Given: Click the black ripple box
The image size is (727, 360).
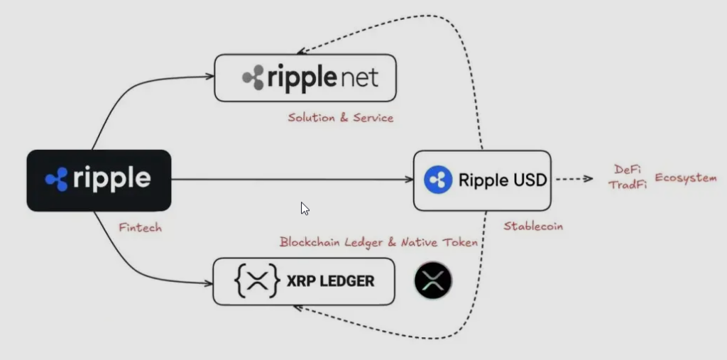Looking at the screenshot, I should pyautogui.click(x=99, y=180).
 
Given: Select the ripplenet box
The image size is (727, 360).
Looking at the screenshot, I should pyautogui.click(x=305, y=77).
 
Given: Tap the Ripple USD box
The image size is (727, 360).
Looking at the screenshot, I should pyautogui.click(x=482, y=180).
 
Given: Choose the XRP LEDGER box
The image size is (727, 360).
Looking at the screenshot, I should pyautogui.click(x=304, y=282).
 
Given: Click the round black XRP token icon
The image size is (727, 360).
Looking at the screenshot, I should pyautogui.click(x=433, y=280).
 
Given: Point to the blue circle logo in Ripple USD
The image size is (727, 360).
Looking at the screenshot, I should pyautogui.click(x=438, y=180).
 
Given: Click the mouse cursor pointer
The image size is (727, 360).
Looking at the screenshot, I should pyautogui.click(x=305, y=209).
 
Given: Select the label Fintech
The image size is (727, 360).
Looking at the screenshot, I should pyautogui.click(x=141, y=228).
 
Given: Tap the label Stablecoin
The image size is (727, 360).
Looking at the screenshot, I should pyautogui.click(x=533, y=227).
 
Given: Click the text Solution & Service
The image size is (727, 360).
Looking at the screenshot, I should pyautogui.click(x=340, y=117).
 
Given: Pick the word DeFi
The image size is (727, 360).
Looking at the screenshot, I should pyautogui.click(x=625, y=170).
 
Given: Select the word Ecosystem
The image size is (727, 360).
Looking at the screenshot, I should pyautogui.click(x=685, y=178).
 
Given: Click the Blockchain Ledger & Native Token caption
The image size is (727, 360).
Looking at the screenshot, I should pyautogui.click(x=378, y=242).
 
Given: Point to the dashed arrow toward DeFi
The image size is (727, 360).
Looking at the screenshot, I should pyautogui.click(x=573, y=180).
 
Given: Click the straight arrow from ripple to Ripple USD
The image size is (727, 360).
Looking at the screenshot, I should pyautogui.click(x=291, y=180).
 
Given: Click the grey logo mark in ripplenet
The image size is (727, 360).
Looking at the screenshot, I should pyautogui.click(x=253, y=78).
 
